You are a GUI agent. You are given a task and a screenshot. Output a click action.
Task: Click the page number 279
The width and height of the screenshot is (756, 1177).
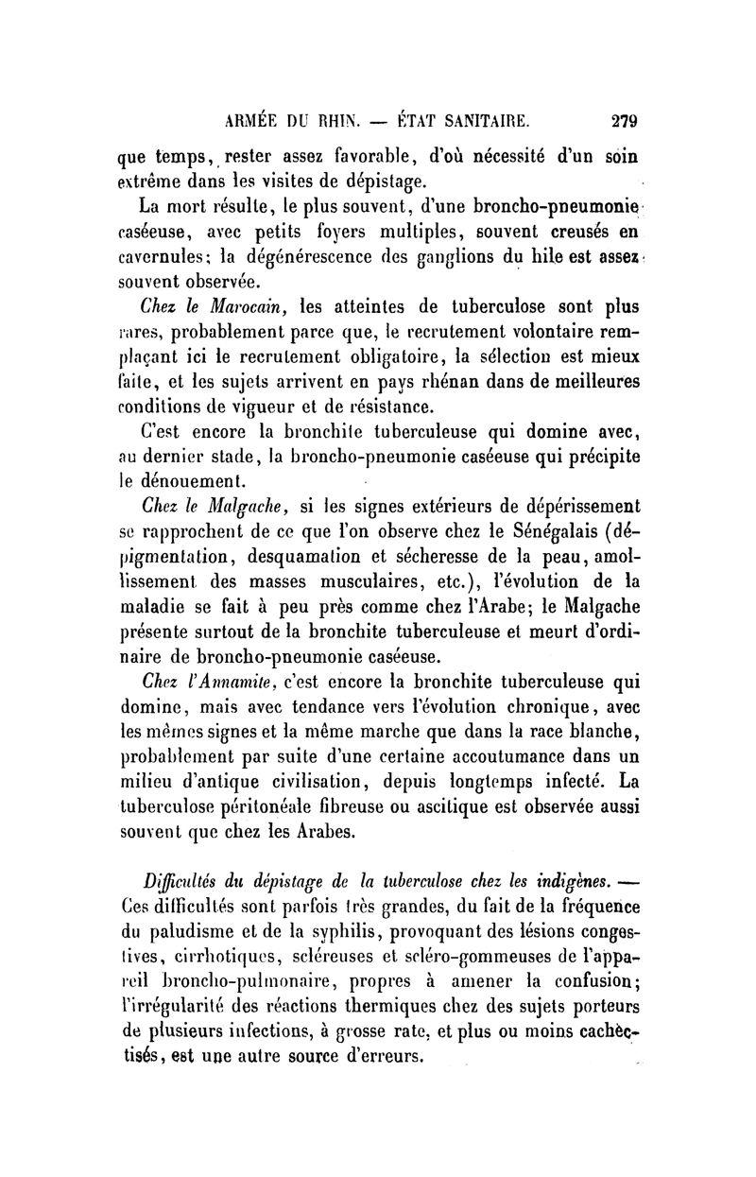point(625,121)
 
